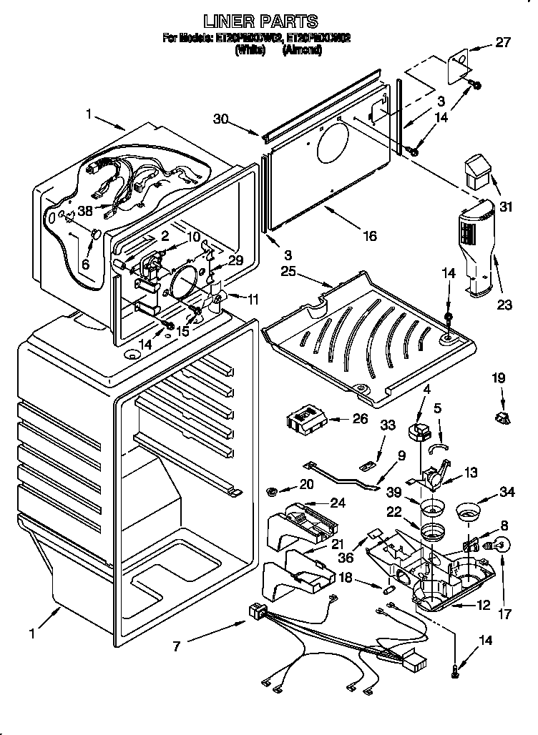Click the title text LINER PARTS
(x=260, y=21)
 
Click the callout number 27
(x=503, y=42)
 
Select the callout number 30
(x=221, y=120)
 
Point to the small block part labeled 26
(x=305, y=420)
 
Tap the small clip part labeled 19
(x=500, y=418)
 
